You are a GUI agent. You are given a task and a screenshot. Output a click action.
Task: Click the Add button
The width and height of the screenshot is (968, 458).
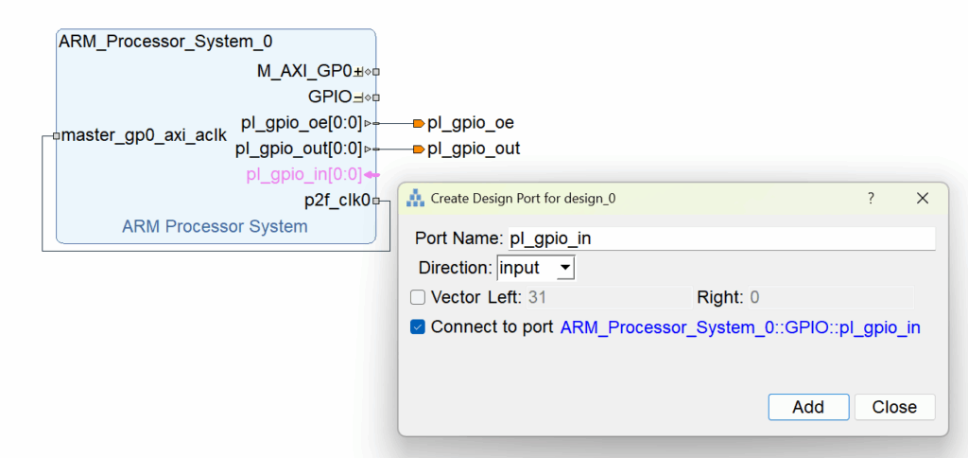pyautogui.click(x=808, y=407)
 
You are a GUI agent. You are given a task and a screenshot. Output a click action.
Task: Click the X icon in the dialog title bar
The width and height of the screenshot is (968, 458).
pyautogui.click(x=923, y=199)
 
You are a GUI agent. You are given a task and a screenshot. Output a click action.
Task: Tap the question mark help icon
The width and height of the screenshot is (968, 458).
pyautogui.click(x=871, y=199)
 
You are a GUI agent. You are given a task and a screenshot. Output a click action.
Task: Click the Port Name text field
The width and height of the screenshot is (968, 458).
pyautogui.click(x=721, y=238)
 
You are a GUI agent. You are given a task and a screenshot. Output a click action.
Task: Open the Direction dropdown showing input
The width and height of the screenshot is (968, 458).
pyautogui.click(x=536, y=268)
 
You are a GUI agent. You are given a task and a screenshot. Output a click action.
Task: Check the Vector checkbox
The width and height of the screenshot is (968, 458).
pyautogui.click(x=418, y=298)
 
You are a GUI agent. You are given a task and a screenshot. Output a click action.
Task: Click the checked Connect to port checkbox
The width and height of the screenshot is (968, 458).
pyautogui.click(x=418, y=327)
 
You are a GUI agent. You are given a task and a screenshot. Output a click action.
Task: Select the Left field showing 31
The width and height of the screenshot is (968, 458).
pyautogui.click(x=609, y=298)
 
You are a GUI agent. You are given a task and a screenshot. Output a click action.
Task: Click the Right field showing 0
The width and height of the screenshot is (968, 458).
pyautogui.click(x=830, y=298)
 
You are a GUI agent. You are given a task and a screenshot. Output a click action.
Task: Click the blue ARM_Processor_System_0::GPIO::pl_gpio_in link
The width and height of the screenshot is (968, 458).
pyautogui.click(x=739, y=328)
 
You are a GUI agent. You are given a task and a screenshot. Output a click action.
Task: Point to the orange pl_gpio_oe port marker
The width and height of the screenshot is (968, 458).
pyautogui.click(x=419, y=124)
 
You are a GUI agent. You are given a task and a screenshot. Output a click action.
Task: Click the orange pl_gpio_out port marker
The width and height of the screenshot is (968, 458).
pyautogui.click(x=419, y=149)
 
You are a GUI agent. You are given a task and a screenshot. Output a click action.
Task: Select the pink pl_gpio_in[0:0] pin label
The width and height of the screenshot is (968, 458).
pyautogui.click(x=303, y=175)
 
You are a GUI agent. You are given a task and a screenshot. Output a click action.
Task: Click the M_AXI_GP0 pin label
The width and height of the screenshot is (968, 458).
pyautogui.click(x=304, y=72)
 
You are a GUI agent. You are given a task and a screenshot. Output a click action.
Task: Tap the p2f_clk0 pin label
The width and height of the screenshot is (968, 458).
pyautogui.click(x=337, y=201)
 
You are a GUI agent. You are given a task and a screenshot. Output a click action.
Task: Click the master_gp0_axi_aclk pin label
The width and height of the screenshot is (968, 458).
pyautogui.click(x=144, y=135)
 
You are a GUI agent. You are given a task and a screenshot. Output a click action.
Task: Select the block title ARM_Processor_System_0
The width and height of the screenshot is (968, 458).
pyautogui.click(x=165, y=42)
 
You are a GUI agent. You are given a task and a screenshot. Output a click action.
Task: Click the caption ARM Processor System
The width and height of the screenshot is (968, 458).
pyautogui.click(x=215, y=227)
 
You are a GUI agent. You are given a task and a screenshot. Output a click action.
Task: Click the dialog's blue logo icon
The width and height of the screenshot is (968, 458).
pyautogui.click(x=415, y=199)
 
